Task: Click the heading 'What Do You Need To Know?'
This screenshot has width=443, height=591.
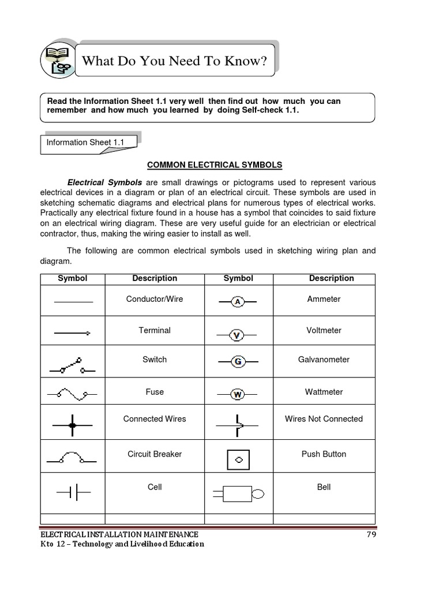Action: point(175,61)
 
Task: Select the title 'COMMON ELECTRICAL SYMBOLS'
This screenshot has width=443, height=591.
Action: point(215,165)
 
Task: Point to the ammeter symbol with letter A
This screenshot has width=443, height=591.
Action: point(237,301)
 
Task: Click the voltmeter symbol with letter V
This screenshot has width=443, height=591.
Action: point(236,334)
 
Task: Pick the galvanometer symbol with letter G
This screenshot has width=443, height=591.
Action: point(237,362)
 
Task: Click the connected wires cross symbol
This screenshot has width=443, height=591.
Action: point(72,425)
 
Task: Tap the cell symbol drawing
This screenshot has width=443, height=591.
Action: point(73,492)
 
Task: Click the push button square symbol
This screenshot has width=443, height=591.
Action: point(239,460)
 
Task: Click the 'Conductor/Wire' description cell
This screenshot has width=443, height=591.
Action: point(155,299)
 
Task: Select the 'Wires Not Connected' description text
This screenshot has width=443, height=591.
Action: point(324,419)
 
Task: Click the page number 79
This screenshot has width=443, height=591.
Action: point(371,534)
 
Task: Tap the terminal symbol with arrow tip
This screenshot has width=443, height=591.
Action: point(72,333)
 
